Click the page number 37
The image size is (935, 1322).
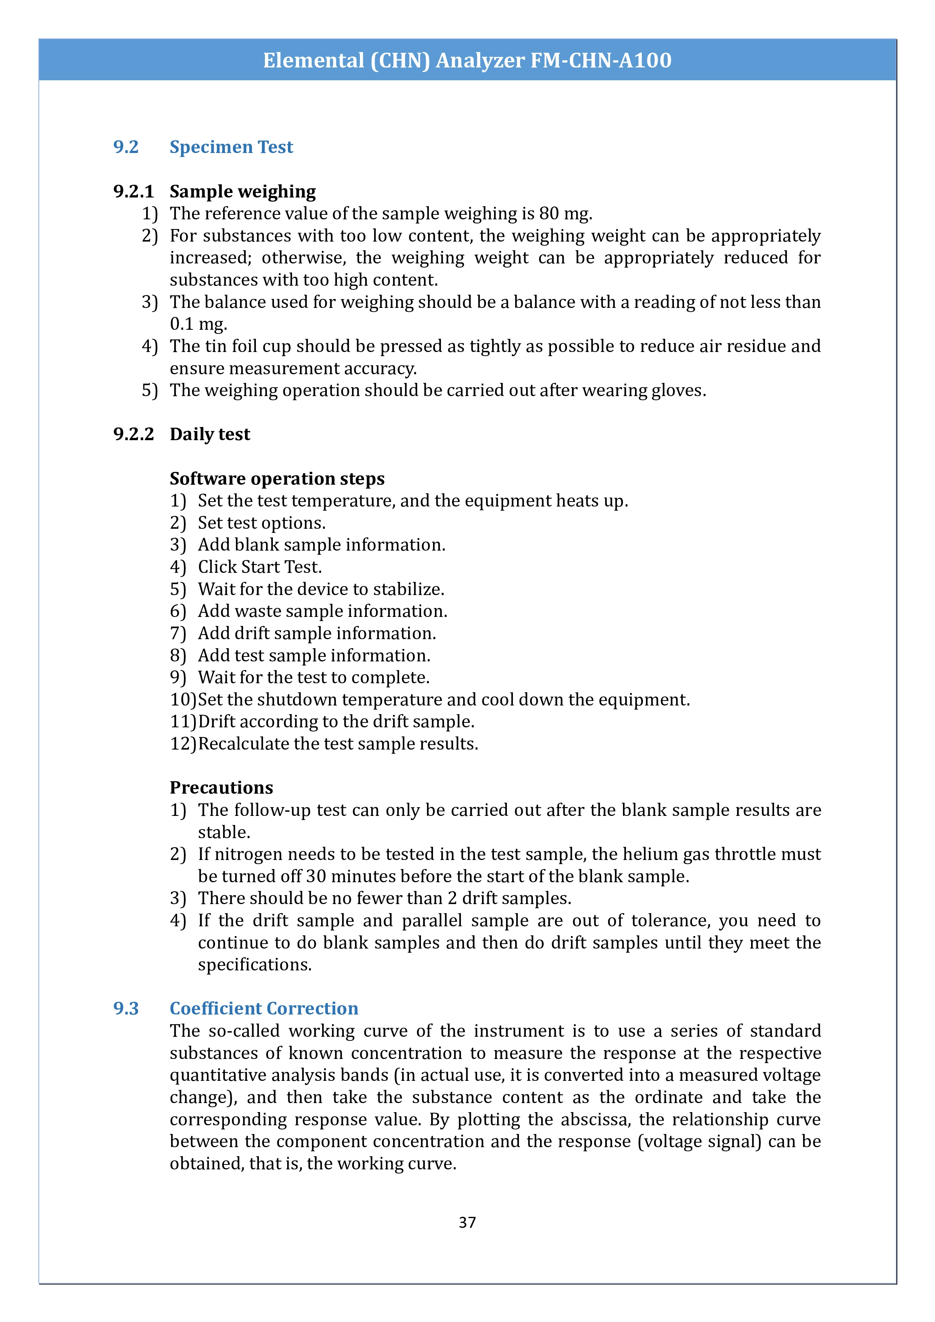coord(467,1222)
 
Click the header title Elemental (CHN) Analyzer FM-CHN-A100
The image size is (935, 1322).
coord(467,60)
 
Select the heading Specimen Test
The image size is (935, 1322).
coord(231,147)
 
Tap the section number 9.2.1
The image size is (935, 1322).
coord(133,191)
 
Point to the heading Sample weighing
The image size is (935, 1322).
coord(242,191)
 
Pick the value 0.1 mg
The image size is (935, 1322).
coord(198,324)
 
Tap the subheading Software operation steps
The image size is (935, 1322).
coord(277,479)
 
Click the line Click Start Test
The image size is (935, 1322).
coord(260,567)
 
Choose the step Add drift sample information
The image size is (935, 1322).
coord(317,633)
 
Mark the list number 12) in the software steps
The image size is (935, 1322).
coord(183,744)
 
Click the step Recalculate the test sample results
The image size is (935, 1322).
coord(338,744)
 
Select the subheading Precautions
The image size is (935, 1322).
coord(221,788)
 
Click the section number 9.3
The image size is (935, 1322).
coord(125,1009)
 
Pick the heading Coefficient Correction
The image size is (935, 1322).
coord(264,1009)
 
